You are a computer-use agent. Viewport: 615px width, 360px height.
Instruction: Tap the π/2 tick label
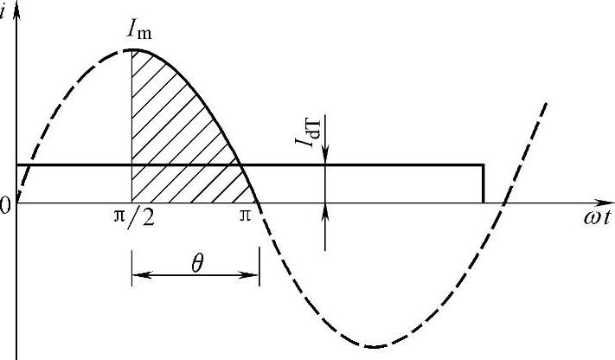tap(134, 217)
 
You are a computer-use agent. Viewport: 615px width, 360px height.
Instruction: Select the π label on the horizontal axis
tap(245, 215)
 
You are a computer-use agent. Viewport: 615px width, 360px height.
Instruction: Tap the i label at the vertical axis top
tap(3, 13)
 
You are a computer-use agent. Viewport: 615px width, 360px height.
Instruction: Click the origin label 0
tap(4, 207)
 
